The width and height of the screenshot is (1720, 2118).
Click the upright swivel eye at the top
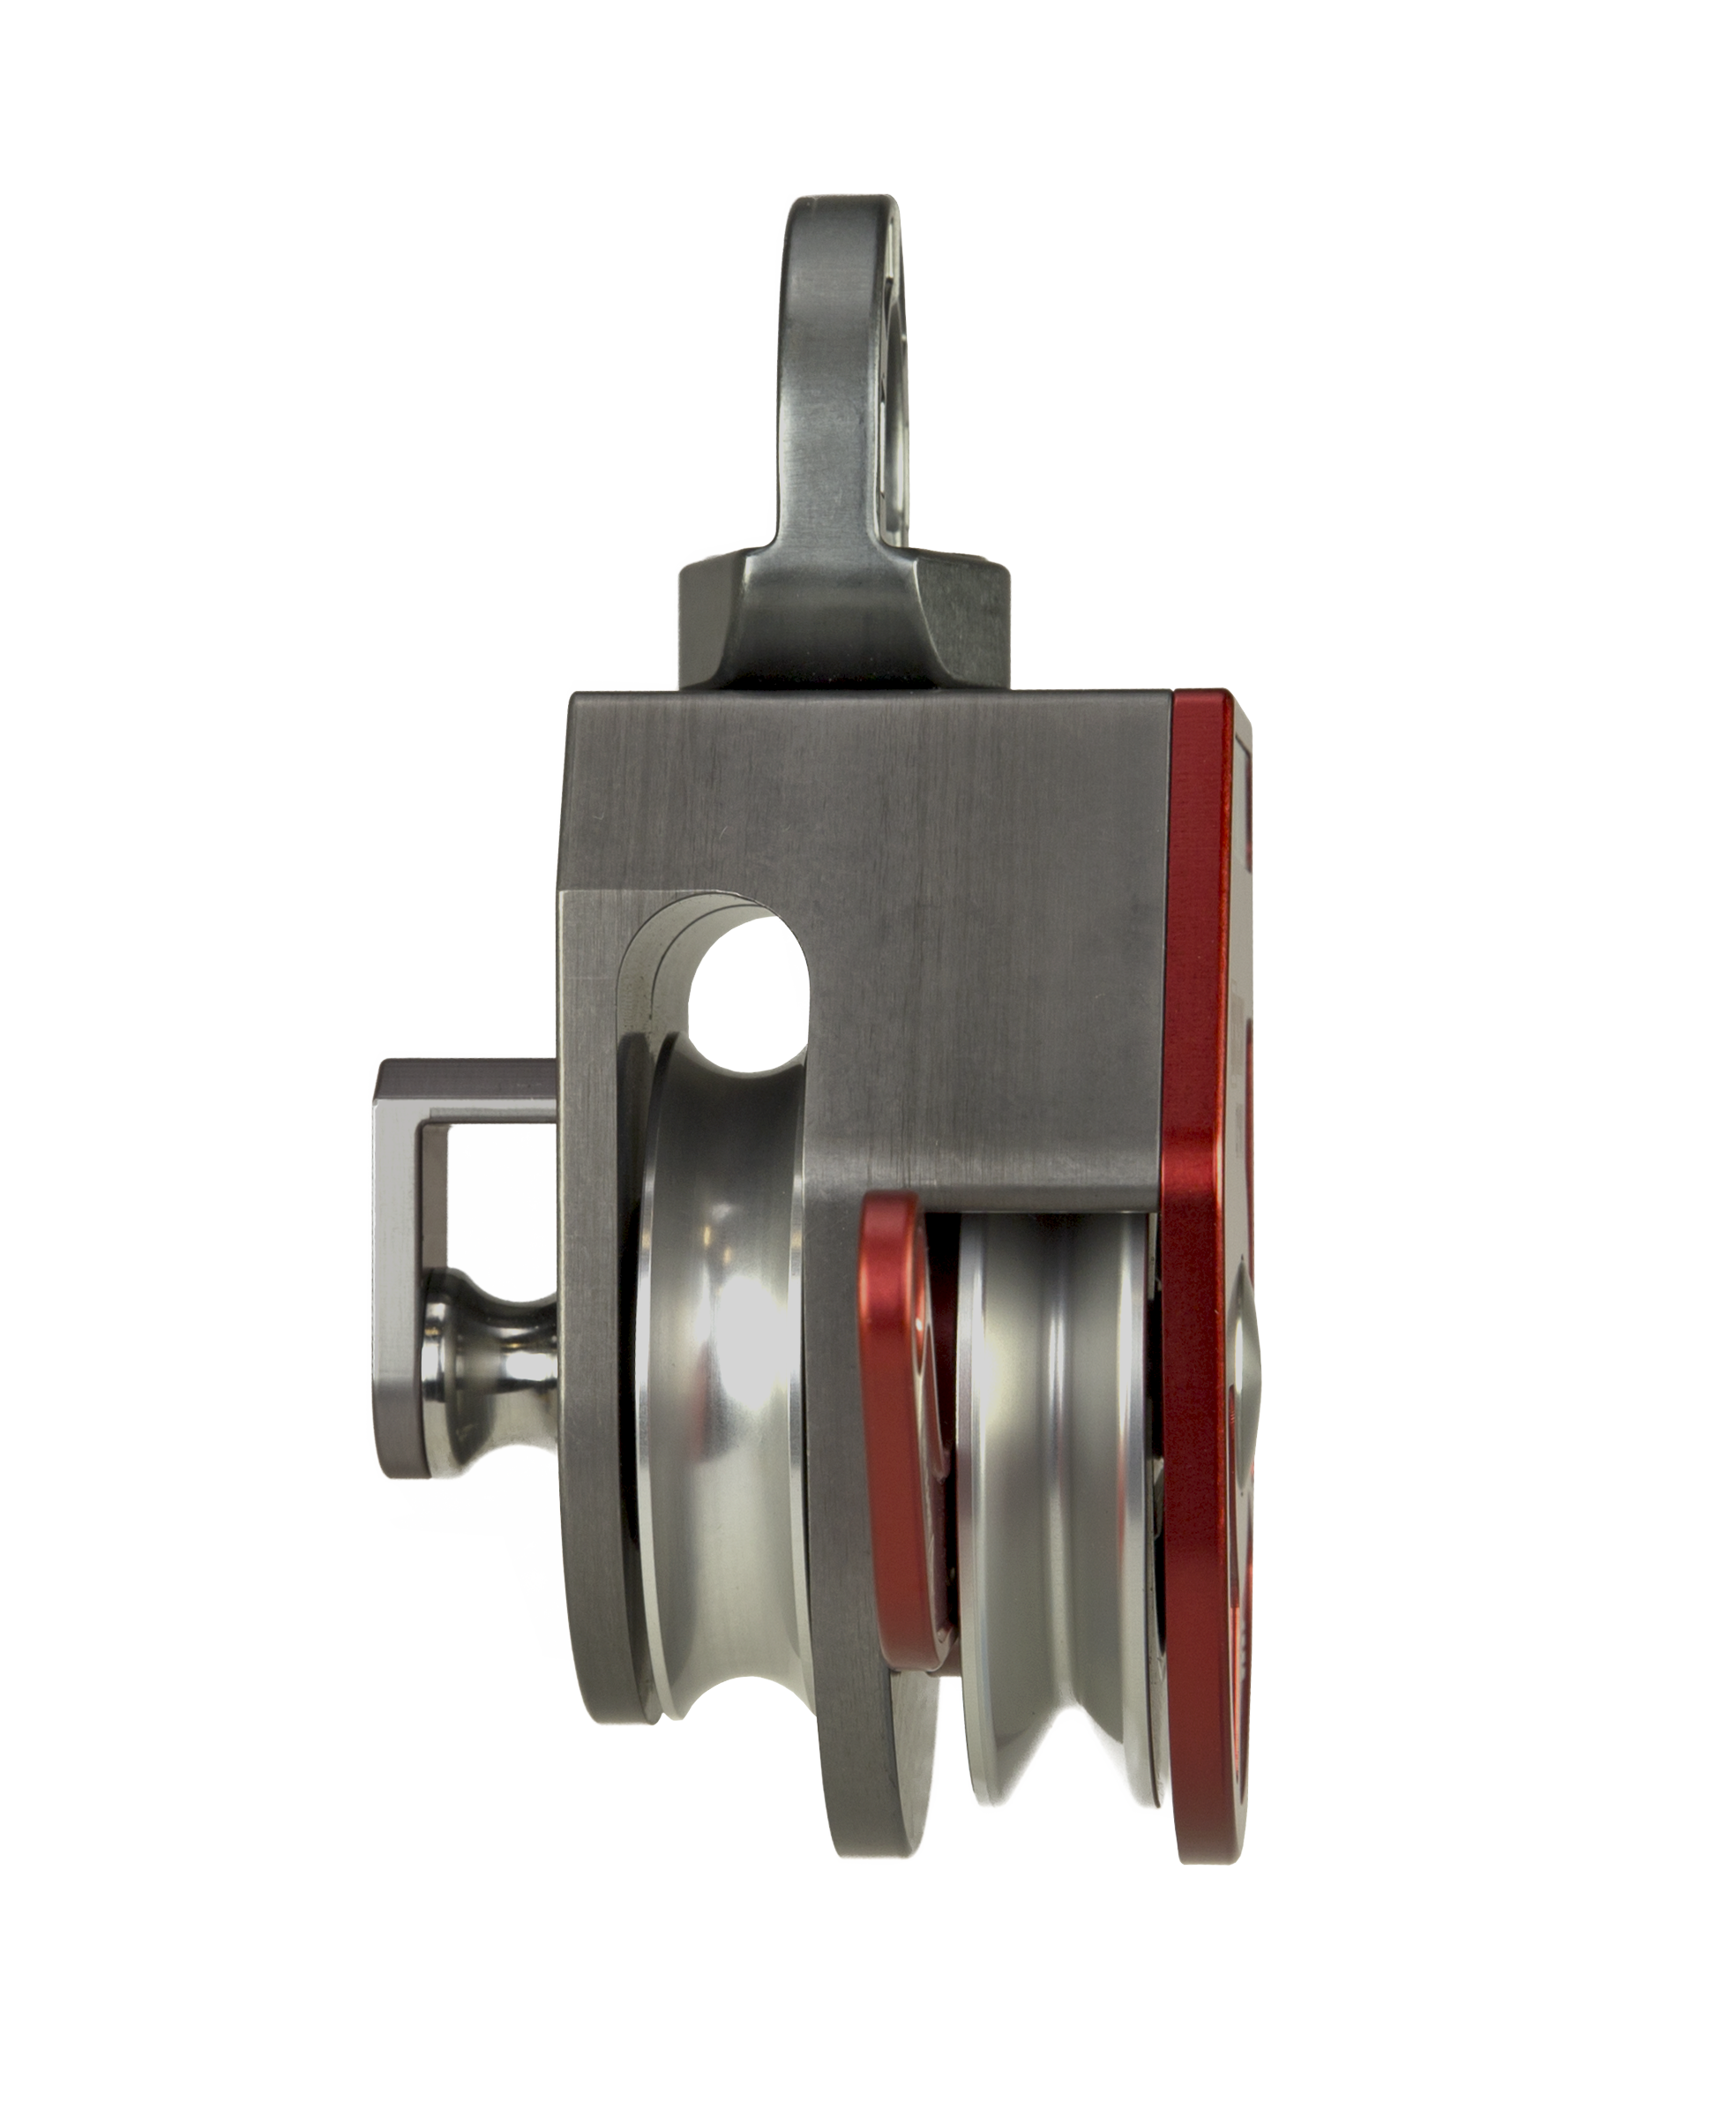(x=837, y=377)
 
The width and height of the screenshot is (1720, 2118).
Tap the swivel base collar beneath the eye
(x=842, y=625)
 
